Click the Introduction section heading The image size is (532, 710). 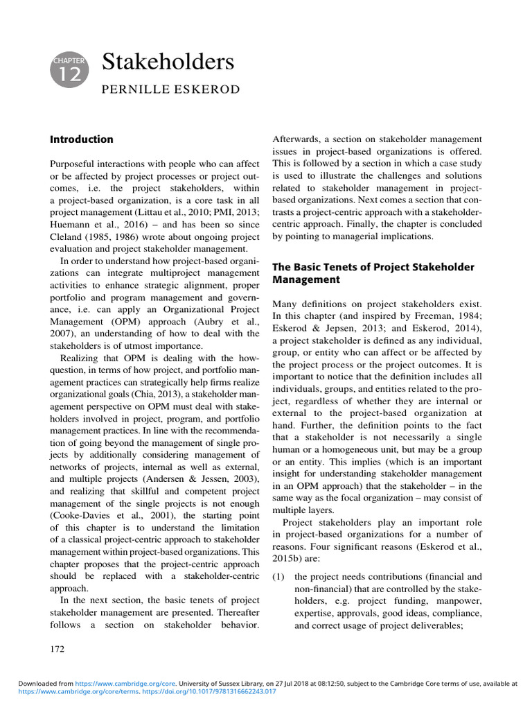pos(82,139)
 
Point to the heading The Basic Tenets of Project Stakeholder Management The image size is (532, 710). pos(373,273)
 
